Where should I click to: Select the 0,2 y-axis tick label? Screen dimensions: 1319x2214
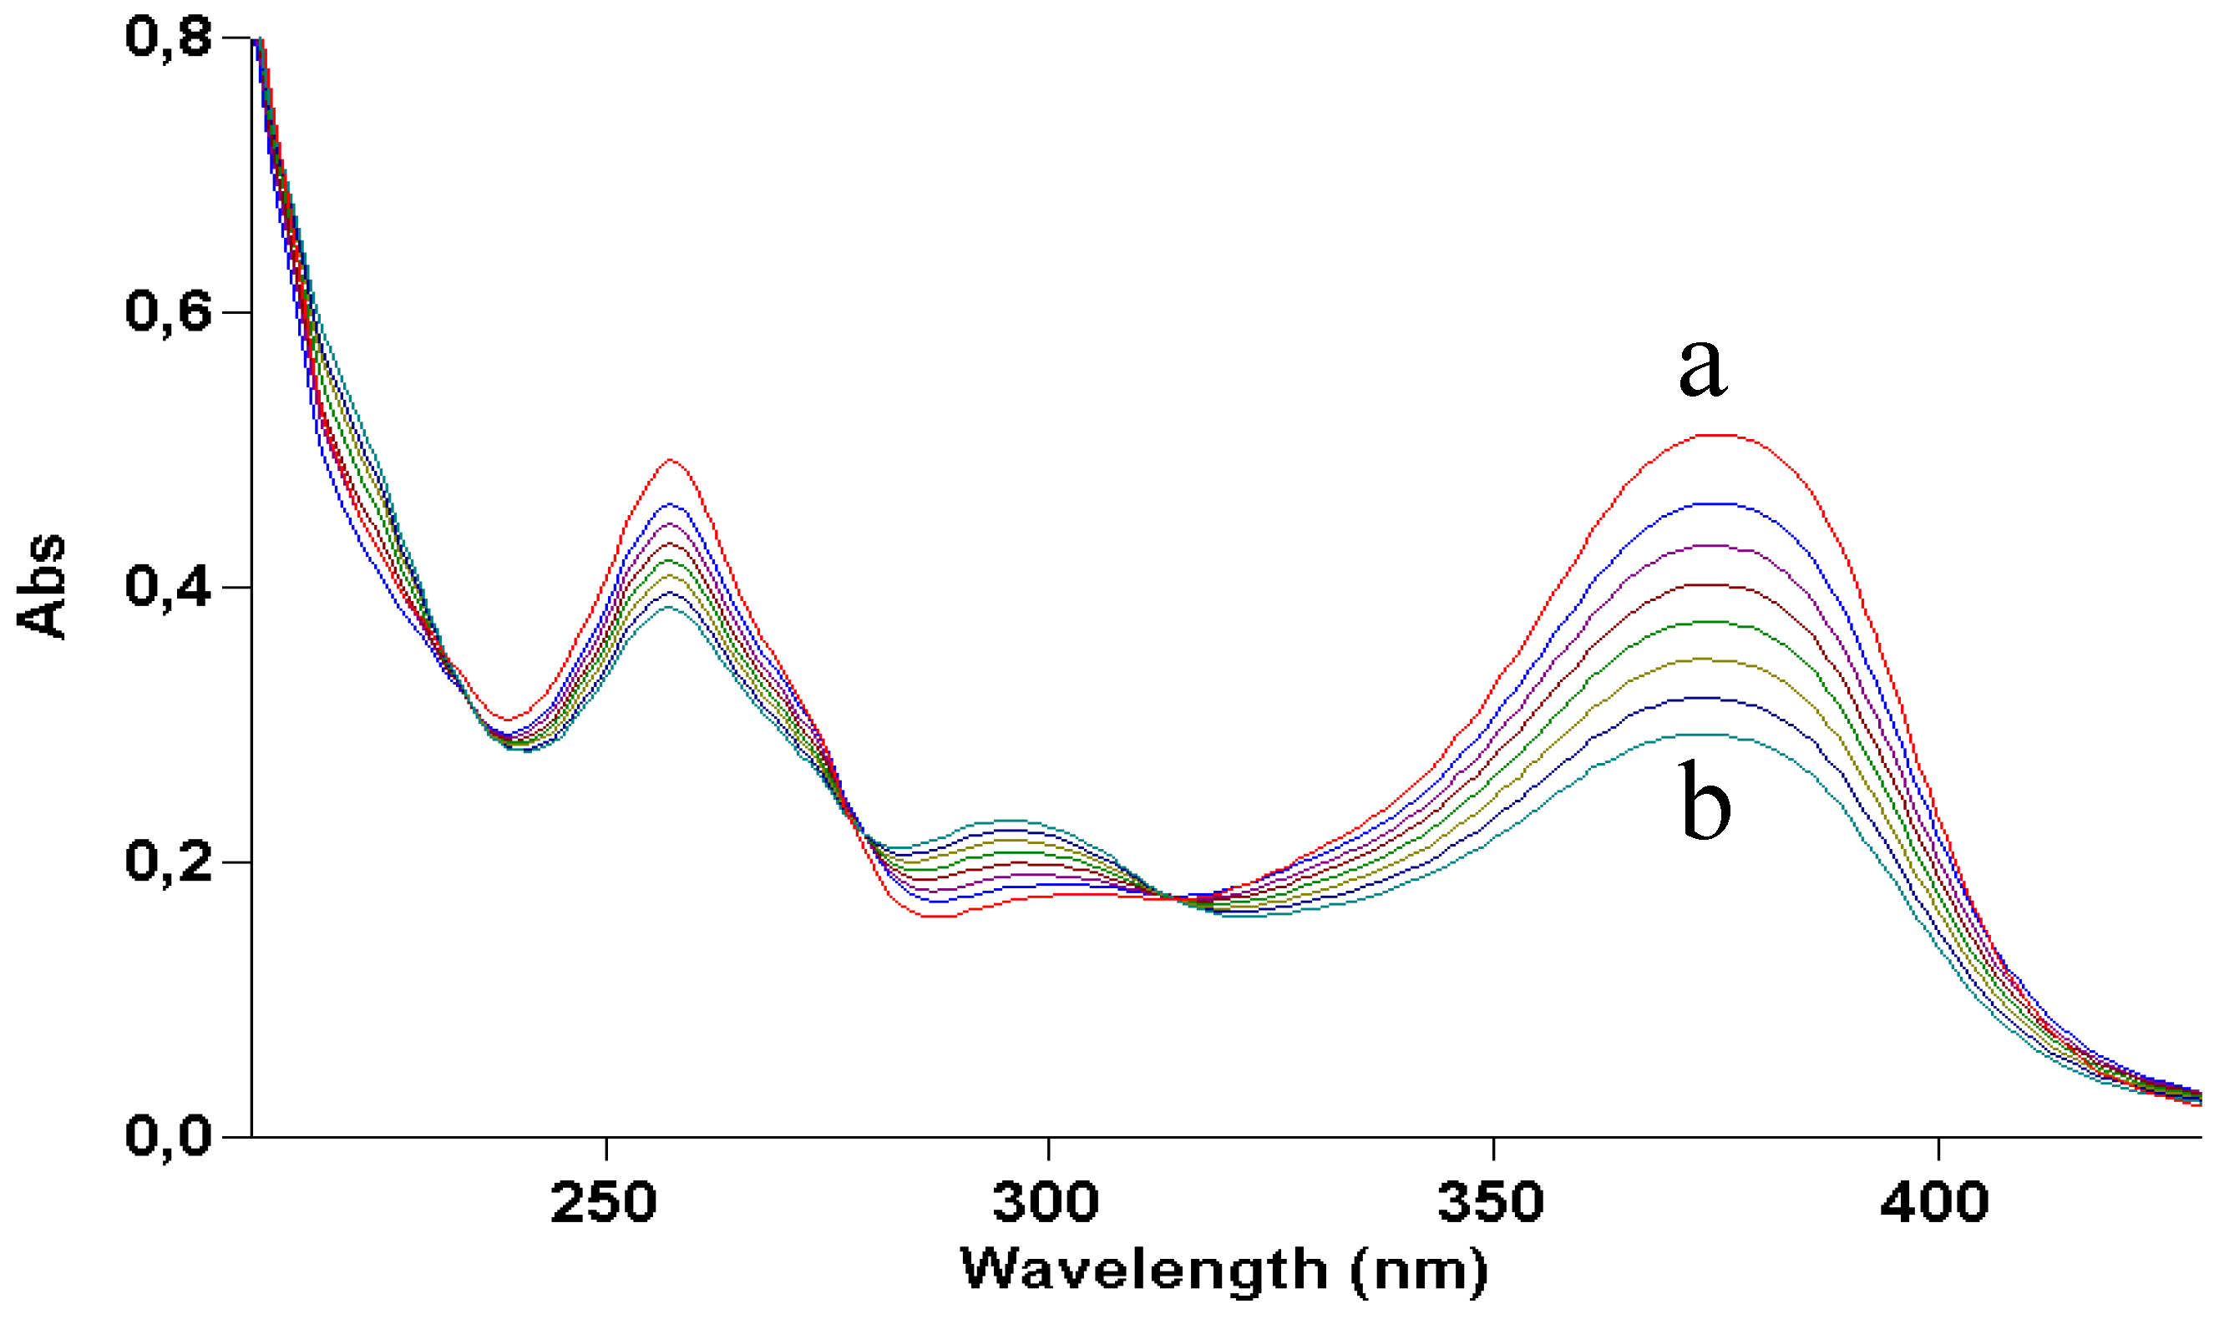pos(169,862)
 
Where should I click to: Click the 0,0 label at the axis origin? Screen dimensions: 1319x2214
pos(169,1136)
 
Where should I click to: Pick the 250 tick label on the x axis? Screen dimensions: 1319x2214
pos(604,1203)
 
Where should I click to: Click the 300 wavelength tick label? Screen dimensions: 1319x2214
pos(1046,1203)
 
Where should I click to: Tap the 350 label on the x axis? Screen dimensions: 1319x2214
pos(1491,1203)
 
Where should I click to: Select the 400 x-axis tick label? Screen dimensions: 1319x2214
pos(1936,1203)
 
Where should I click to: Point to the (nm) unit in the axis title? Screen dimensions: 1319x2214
pos(1419,1272)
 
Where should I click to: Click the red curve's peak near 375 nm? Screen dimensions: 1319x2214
pos(1720,435)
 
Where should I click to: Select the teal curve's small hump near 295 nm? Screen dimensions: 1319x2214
pos(1009,821)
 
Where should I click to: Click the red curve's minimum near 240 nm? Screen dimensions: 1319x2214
pos(508,720)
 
